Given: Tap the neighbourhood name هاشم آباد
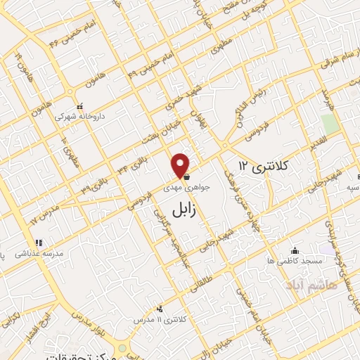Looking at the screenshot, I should pyautogui.click(x=312, y=285).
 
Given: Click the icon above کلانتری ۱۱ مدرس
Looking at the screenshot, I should pyautogui.click(x=160, y=308).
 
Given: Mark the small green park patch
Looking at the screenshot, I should pyautogui.click(x=329, y=123).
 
